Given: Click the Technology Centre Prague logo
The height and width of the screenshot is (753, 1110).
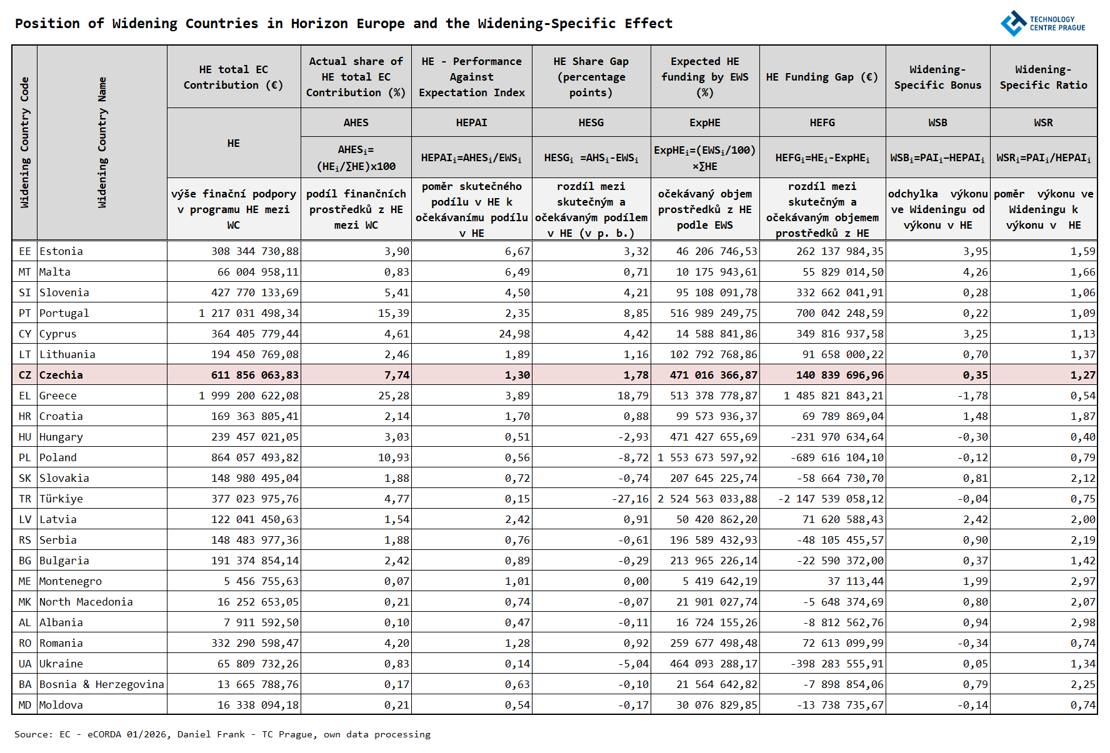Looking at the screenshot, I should (1042, 24).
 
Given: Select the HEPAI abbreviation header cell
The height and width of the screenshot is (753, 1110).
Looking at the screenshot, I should (471, 122).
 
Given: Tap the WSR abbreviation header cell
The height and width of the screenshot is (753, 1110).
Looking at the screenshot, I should (1042, 122).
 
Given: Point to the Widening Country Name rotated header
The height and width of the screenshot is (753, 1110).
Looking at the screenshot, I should (102, 142).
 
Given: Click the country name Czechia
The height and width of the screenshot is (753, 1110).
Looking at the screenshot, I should (61, 375).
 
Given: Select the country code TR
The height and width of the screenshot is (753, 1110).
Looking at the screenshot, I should (24, 499).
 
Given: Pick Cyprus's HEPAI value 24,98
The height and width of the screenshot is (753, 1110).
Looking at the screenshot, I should (514, 334).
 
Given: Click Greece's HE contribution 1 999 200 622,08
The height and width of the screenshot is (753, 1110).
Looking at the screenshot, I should (249, 396).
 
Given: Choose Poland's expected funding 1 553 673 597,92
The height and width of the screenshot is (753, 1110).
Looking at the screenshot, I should (707, 457).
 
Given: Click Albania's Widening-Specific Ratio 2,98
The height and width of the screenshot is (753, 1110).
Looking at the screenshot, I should (1082, 622).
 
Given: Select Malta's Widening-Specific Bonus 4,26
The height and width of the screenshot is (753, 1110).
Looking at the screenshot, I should (975, 272).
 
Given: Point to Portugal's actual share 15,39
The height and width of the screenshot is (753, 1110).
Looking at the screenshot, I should (393, 313).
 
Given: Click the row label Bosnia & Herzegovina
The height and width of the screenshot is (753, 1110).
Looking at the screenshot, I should (101, 684).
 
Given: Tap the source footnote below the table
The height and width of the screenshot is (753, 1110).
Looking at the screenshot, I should (222, 734).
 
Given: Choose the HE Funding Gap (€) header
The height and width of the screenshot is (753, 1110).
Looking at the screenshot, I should (822, 77).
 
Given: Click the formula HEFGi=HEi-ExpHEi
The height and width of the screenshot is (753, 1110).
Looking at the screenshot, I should (822, 158).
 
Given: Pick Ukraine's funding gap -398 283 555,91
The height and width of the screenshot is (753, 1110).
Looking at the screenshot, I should (837, 664).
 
